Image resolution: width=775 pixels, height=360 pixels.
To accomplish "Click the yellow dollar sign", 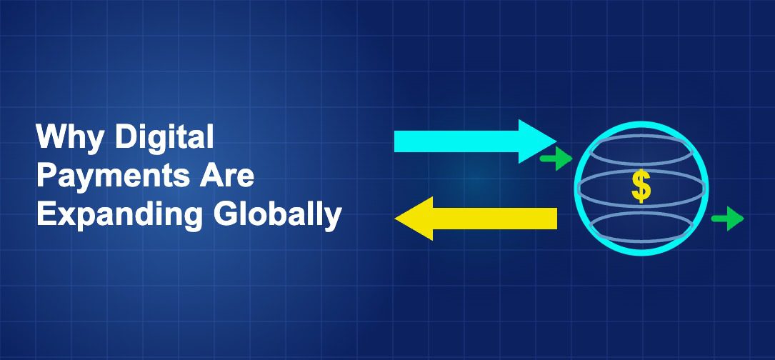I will (641, 187).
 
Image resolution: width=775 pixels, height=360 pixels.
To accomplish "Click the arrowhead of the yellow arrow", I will (414, 219).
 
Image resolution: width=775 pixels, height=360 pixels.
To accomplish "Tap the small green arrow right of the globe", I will (727, 218).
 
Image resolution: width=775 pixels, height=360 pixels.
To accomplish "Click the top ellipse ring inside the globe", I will (641, 151).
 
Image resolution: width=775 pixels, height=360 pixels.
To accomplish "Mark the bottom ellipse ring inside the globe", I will (641, 226).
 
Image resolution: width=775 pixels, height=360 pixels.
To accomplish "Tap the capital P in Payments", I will (46, 176).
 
